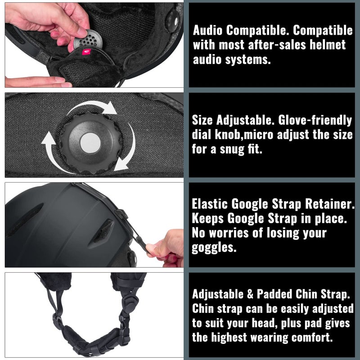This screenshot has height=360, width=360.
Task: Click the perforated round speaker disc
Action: click(88, 40)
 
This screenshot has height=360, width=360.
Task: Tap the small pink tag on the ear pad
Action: click(86, 52)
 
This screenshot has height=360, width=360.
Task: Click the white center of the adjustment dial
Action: click(90, 143)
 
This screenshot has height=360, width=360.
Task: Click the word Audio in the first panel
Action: click(208, 30)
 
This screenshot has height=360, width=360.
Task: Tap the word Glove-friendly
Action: click(315, 120)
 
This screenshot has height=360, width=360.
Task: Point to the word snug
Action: click(232, 149)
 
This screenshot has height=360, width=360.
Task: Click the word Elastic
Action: click(210, 204)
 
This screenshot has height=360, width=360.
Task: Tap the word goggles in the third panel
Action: click(214, 248)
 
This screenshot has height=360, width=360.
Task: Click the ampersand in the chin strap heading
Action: click(250, 294)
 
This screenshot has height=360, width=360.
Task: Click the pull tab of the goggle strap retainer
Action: click(143, 244)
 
